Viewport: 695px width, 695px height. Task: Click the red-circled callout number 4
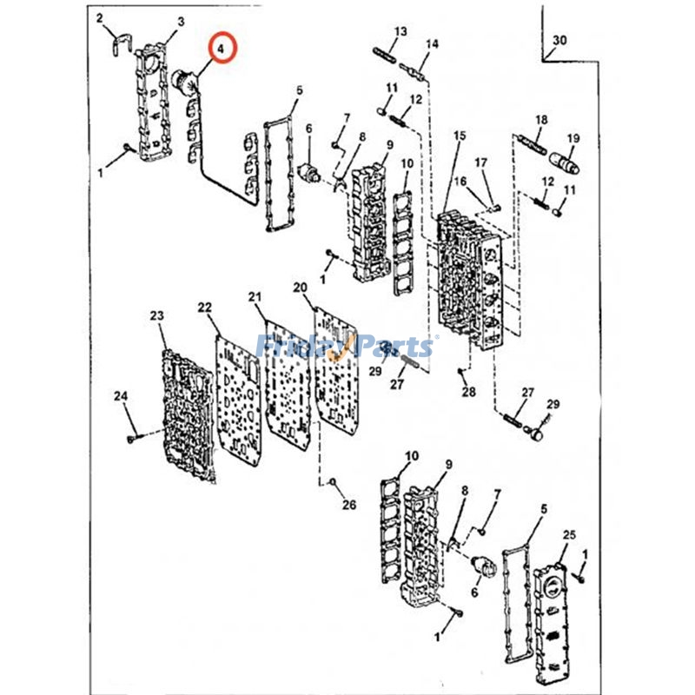point(222,49)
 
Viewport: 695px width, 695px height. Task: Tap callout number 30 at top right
point(559,40)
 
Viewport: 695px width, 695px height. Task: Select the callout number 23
point(156,315)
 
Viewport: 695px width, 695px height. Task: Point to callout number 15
point(460,136)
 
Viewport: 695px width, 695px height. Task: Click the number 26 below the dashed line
point(349,505)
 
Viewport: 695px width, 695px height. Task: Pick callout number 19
point(573,138)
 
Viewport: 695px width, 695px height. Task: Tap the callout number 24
point(121,396)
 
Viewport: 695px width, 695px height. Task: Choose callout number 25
point(569,535)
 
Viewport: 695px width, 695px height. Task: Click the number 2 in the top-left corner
point(99,18)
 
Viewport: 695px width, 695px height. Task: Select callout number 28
point(468,392)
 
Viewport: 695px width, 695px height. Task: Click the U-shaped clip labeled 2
point(119,45)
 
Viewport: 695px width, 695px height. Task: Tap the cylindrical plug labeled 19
point(564,163)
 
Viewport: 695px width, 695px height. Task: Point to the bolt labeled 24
point(132,439)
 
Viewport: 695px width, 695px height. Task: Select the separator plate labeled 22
point(238,399)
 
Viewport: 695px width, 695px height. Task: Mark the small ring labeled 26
point(332,481)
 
